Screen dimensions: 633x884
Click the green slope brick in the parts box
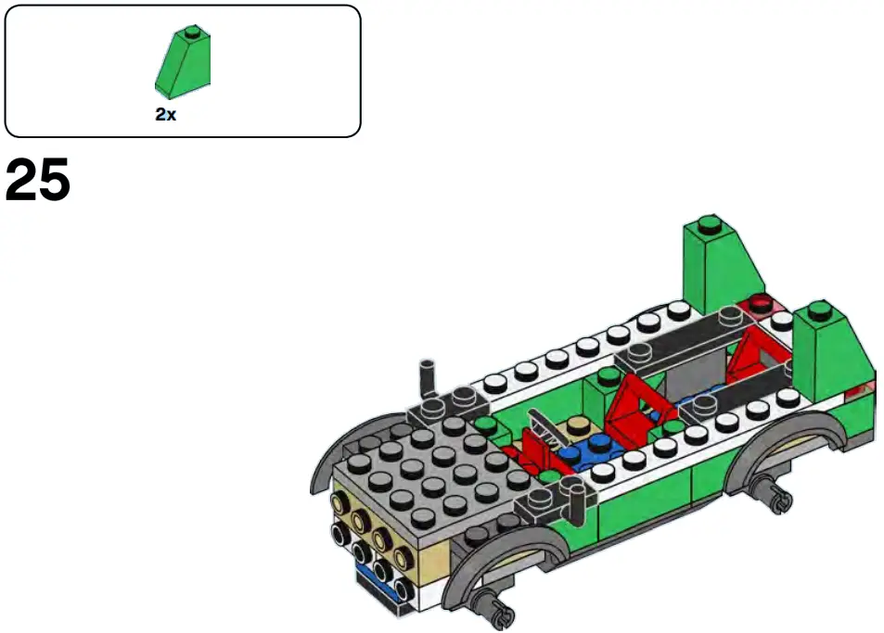(182, 62)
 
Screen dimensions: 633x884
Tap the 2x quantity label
(166, 116)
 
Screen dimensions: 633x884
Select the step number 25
(38, 182)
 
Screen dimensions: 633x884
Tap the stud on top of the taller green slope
(709, 223)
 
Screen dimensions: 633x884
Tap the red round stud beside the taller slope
(762, 302)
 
